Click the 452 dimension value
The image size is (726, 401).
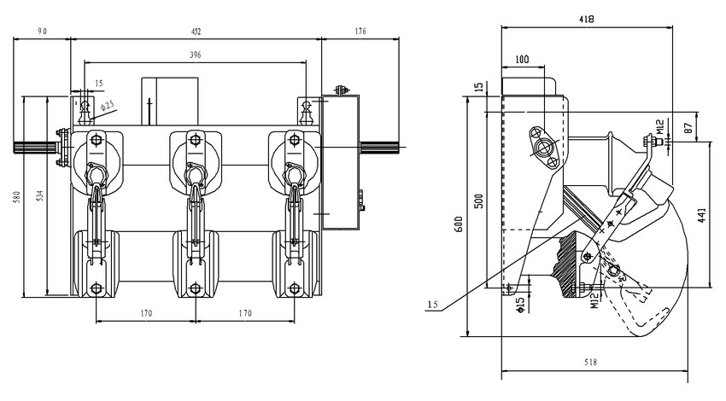[x=195, y=32]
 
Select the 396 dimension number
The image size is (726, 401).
[x=195, y=55]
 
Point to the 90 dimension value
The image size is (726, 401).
[x=43, y=32]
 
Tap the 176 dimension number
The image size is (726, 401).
[x=359, y=32]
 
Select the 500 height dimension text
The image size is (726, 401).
[x=479, y=201]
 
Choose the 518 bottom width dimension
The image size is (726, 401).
[x=589, y=363]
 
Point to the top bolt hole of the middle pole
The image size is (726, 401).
[x=195, y=140]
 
